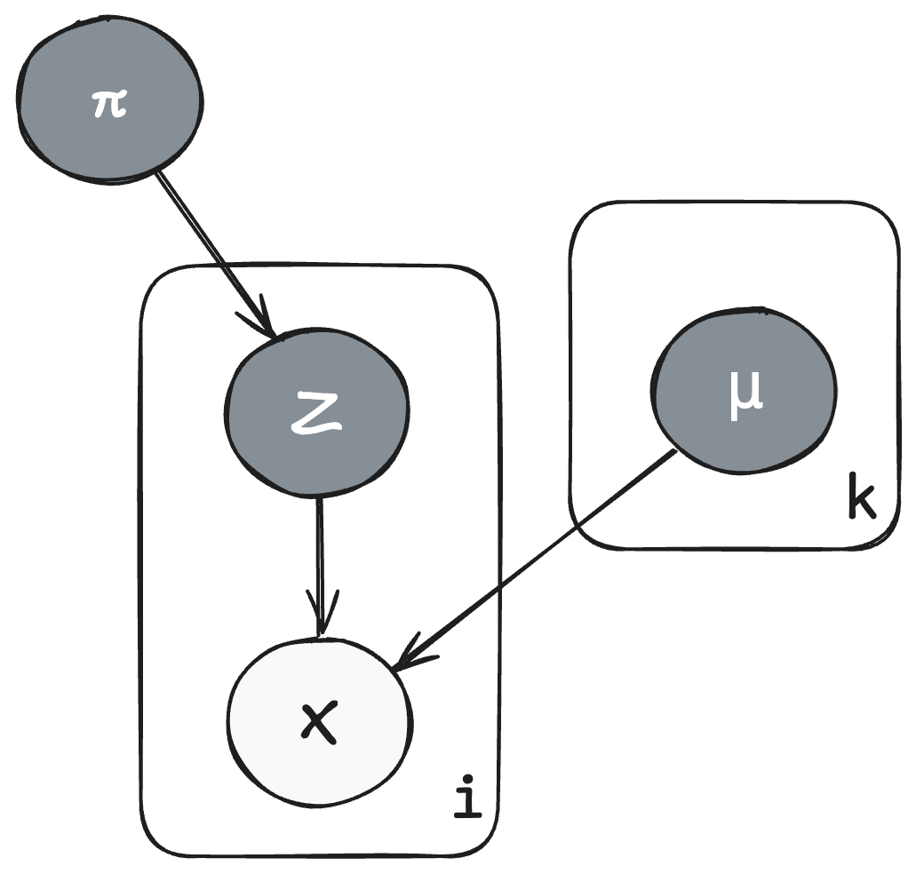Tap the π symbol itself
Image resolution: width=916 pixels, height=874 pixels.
pos(109,104)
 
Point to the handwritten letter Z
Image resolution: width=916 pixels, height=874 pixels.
pos(316,414)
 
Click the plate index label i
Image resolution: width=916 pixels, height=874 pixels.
pos(466,797)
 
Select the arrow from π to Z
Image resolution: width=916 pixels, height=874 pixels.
pos(213,252)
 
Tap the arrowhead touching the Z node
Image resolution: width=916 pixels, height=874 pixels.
pos(267,324)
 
